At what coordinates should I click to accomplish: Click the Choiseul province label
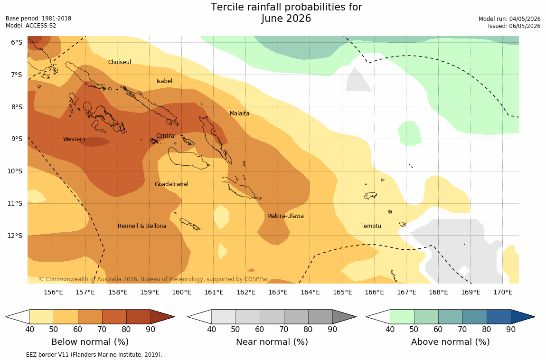[x=120, y=62]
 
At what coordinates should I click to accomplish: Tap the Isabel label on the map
[x=164, y=81]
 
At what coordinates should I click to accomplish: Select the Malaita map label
[x=240, y=113]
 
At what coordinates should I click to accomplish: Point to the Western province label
[x=74, y=139]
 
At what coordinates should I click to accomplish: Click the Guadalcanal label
[x=171, y=184]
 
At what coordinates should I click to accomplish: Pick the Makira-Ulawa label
[x=285, y=216]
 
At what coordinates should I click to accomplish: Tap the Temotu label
[x=370, y=226]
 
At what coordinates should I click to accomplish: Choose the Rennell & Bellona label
[x=142, y=226]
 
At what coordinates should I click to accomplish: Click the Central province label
[x=166, y=136]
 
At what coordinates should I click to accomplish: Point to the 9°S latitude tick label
[x=16, y=139]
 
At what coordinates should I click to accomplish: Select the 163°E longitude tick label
[x=278, y=292]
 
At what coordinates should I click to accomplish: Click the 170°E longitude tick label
[x=503, y=292]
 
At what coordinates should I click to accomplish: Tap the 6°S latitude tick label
[x=16, y=42]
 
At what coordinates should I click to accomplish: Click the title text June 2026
[x=286, y=18]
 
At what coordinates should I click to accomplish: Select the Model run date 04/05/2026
[x=525, y=19]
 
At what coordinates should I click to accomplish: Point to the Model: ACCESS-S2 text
[x=31, y=26]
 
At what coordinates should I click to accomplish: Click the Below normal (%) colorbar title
[x=90, y=342]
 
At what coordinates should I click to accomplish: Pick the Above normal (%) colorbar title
[x=450, y=342]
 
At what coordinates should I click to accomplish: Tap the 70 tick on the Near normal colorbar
[x=284, y=329]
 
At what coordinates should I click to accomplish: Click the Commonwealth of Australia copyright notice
[x=153, y=279]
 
